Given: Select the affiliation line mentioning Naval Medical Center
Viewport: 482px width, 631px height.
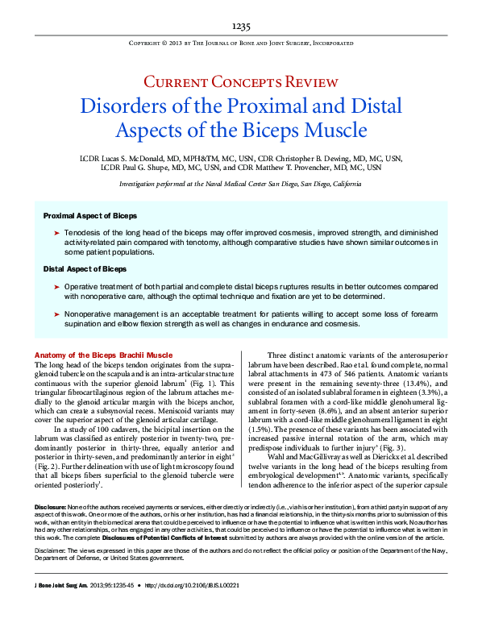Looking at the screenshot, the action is pos(241,185).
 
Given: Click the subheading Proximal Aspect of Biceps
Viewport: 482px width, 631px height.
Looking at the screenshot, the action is pos(89,216).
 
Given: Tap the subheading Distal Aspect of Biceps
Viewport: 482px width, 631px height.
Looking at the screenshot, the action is pos(85,268).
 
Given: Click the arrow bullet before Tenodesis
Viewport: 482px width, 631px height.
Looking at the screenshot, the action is pos(56,232).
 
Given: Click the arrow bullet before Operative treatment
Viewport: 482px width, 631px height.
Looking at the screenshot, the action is pos(56,287).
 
